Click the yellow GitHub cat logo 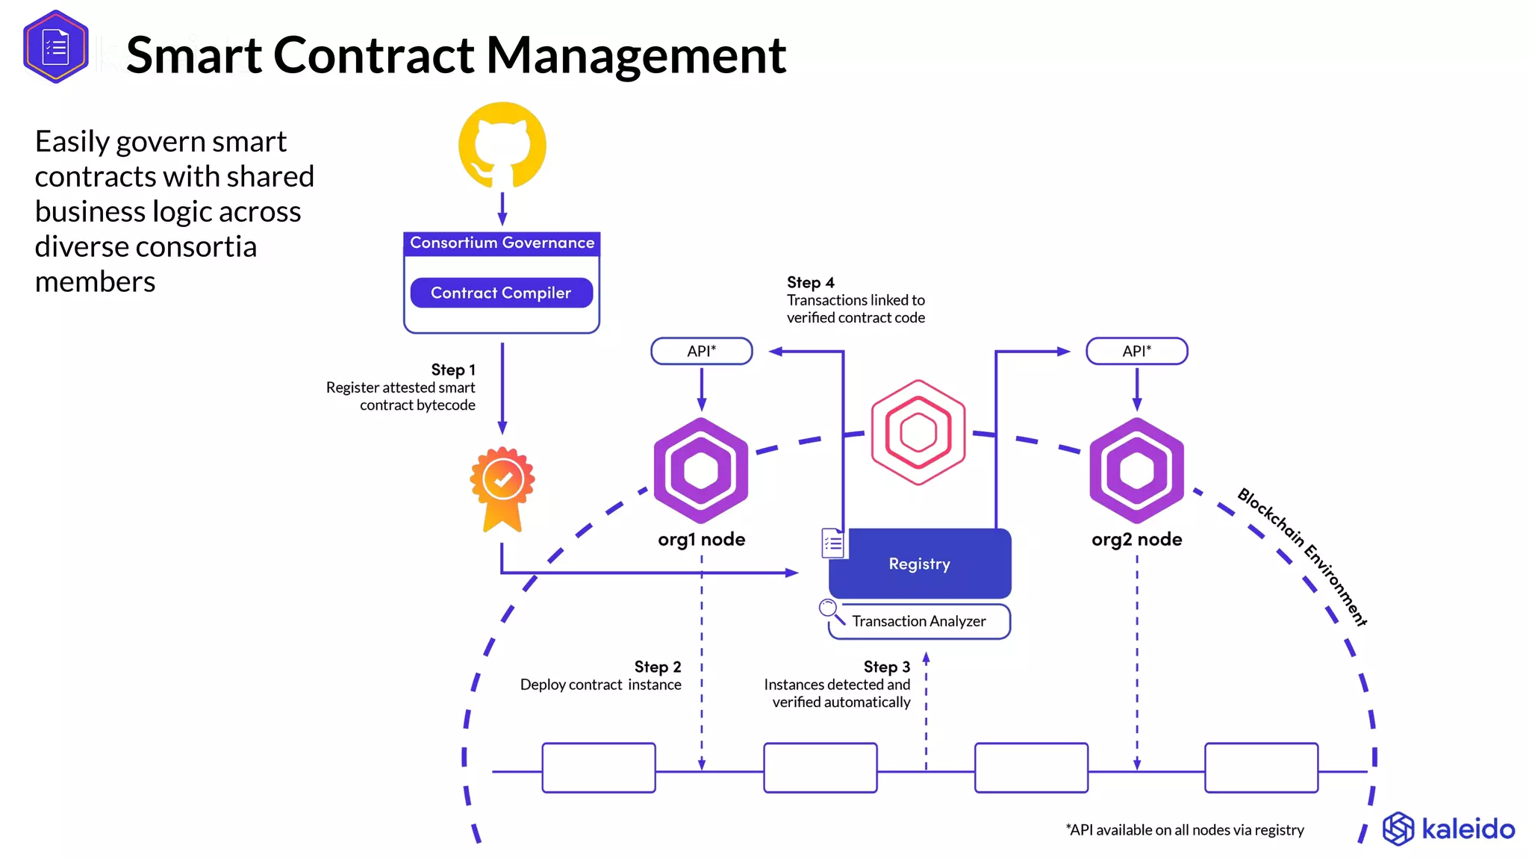coord(502,146)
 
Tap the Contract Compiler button coord(501,293)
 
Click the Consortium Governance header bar coord(502,243)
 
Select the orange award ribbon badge coord(502,487)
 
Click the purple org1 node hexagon coord(700,470)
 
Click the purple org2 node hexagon coord(1136,470)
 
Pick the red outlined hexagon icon coord(918,432)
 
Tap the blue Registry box coord(920,564)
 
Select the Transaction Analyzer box coord(919,621)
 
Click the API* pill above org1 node coord(701,351)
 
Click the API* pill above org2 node coord(1136,351)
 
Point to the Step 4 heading coord(810,282)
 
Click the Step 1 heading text coord(452,370)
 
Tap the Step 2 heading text coord(657,667)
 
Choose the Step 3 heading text coord(886,667)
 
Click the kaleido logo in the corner coord(1448,829)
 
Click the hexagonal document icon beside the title coord(55,47)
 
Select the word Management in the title coord(636,55)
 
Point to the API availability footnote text coord(1184,830)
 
